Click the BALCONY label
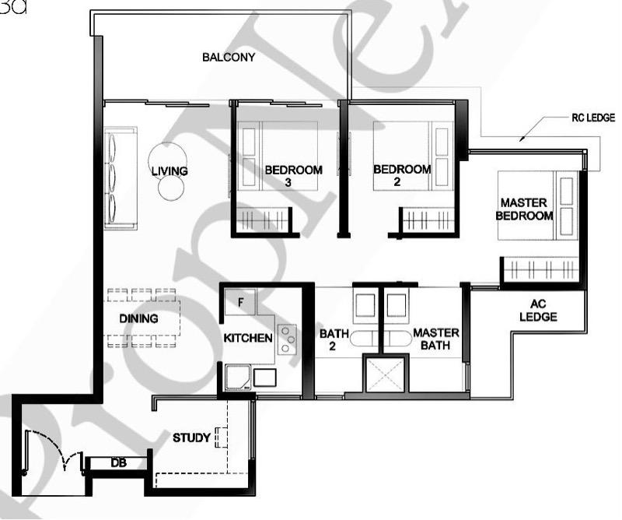tap(229, 58)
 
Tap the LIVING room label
tap(169, 170)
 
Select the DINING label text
tap(138, 318)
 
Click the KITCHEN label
tap(248, 338)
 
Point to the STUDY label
tap(191, 438)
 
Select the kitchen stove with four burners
tap(287, 339)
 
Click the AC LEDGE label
tap(540, 311)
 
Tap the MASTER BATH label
tap(435, 339)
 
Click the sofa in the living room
tap(121, 179)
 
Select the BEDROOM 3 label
tap(293, 176)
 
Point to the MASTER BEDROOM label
tap(526, 209)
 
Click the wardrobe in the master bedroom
tap(540, 269)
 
